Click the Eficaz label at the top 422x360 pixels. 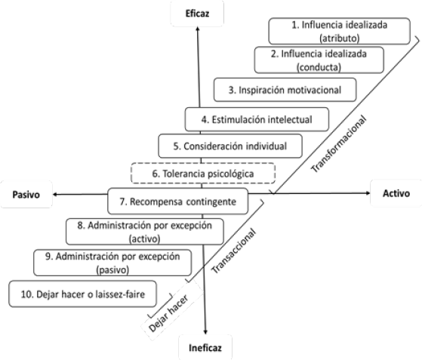tap(197, 14)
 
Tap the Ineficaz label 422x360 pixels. tap(205, 348)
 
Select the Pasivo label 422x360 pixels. tap(26, 194)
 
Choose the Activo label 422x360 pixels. tap(396, 193)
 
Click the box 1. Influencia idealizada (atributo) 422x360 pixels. tap(339, 31)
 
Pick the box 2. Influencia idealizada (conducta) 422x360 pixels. tap(319, 60)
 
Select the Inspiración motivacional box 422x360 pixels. tap(285, 90)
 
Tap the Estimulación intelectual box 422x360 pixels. tap(257, 119)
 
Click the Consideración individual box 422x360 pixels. tap(230, 146)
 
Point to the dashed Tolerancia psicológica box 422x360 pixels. tap(203, 174)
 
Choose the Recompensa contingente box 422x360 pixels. tap(177, 202)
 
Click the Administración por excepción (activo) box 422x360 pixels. tap(144, 232)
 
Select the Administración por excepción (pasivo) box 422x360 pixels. tap(112, 263)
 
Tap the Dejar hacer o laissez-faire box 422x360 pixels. tap(82, 294)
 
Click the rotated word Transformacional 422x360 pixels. tap(338, 144)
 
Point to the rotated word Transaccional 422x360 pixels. tap(233, 251)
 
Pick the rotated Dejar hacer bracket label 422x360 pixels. tap(168, 314)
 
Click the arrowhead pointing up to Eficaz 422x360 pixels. tap(198, 29)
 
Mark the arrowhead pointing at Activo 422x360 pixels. tap(368, 193)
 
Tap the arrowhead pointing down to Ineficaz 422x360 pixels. tap(205, 332)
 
